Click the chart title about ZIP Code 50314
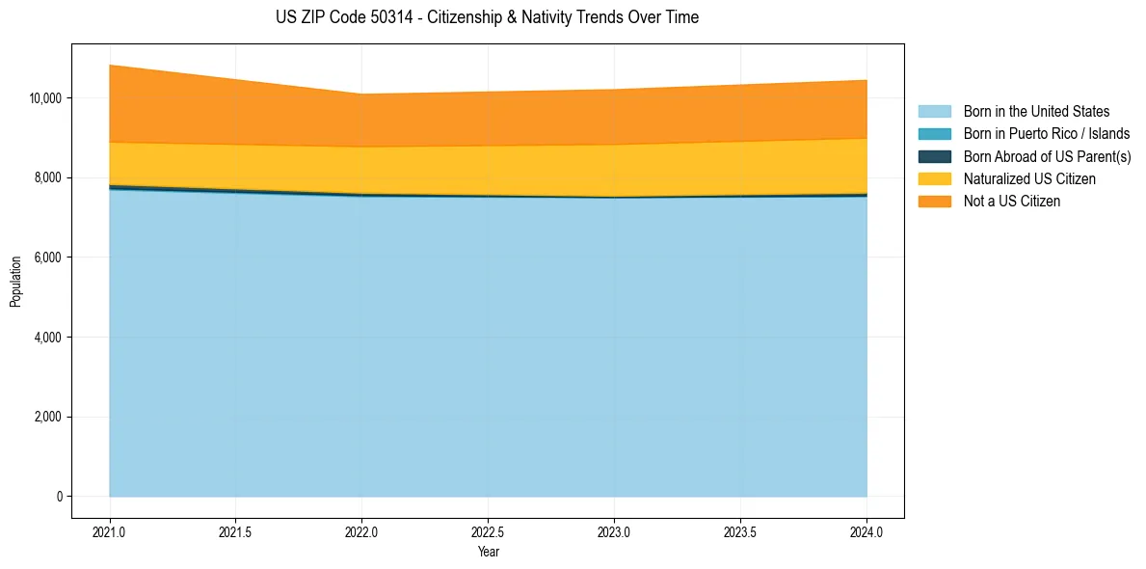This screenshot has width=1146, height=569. point(487,17)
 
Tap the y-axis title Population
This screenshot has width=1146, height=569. point(15,281)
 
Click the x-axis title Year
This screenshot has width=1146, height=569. point(488,552)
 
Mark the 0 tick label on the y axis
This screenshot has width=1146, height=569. point(58,497)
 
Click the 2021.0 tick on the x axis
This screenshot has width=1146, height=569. point(110,531)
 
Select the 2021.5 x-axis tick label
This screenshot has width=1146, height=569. point(236,531)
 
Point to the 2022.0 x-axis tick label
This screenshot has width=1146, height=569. point(361,531)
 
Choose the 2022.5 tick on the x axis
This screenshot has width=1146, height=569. point(488,531)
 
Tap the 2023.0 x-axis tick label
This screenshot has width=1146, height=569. point(614,531)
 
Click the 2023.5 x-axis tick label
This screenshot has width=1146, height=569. point(740,531)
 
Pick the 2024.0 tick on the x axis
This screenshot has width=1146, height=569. point(866,531)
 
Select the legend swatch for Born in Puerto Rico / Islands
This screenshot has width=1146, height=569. point(934,134)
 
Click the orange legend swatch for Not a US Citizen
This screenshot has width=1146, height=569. point(934,202)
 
